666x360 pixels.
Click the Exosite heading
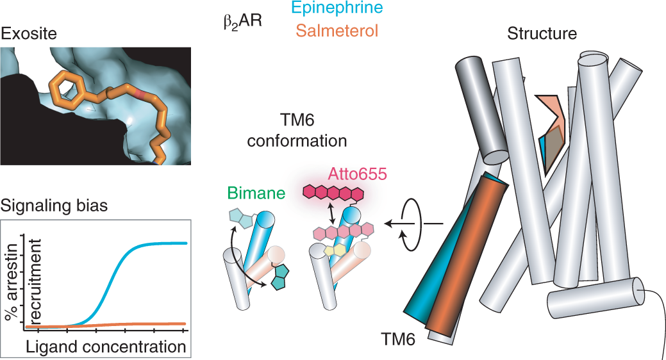[x=28, y=33]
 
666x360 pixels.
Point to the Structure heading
[x=542, y=33]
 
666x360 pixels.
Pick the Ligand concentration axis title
[x=105, y=348]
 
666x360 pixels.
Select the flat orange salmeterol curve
[x=147, y=324]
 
